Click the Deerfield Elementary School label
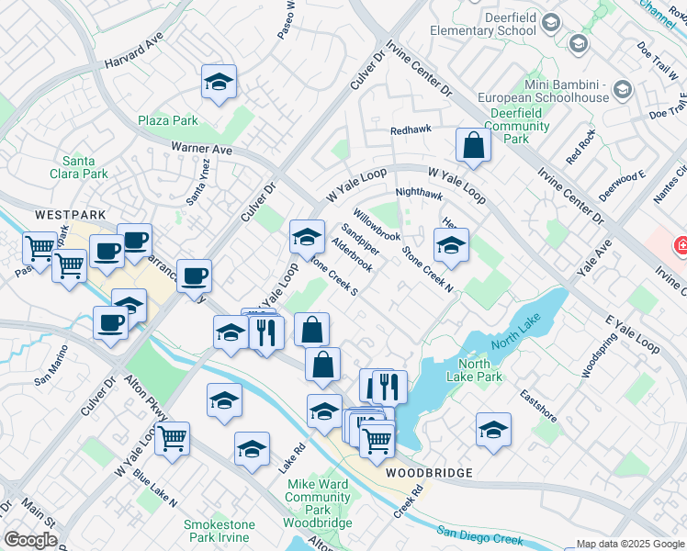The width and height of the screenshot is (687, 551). (x=490, y=22)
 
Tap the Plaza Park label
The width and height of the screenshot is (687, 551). (x=168, y=120)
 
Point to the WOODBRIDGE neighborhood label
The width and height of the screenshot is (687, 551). (x=429, y=473)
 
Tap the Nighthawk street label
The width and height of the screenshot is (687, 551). (x=419, y=194)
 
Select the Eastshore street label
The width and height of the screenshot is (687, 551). (x=538, y=405)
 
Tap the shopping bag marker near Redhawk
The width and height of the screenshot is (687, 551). (x=473, y=145)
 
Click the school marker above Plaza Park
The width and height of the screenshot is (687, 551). (x=219, y=82)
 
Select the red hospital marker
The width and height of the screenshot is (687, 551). (x=681, y=245)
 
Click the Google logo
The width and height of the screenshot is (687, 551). (x=31, y=540)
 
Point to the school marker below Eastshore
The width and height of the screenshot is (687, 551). (x=493, y=431)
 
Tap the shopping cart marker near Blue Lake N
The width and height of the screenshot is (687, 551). (x=172, y=440)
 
